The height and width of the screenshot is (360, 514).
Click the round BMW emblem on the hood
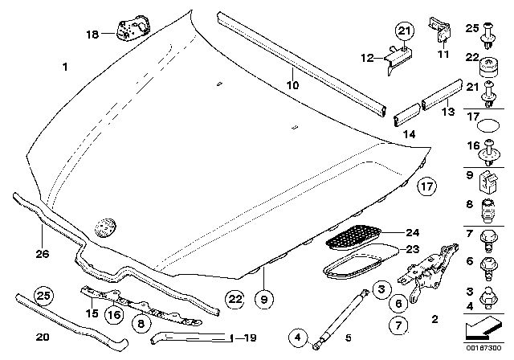(104, 227)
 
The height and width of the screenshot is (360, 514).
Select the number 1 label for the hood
(64, 70)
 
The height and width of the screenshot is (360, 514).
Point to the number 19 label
(251, 337)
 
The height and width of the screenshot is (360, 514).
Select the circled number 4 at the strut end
(299, 337)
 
